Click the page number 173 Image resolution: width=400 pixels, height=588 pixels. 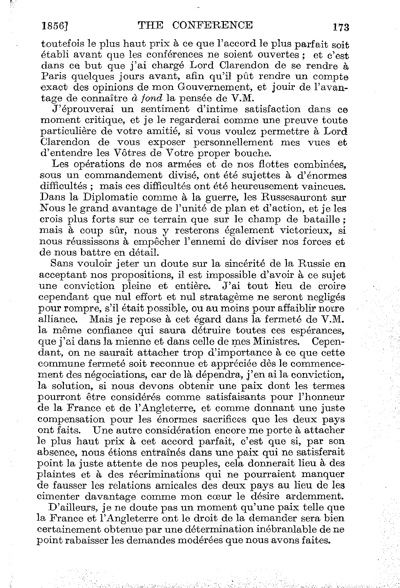[341, 28]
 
